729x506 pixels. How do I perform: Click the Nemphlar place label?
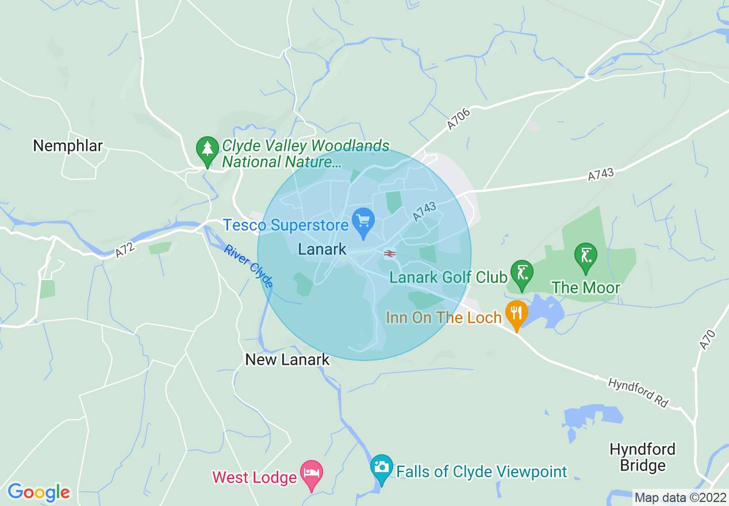pos(68,146)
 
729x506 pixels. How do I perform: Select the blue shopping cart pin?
pos(363,222)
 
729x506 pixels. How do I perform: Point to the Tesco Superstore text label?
pos(286,225)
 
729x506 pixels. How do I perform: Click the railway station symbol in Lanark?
pos(390,253)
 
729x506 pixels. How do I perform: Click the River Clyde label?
pos(248,266)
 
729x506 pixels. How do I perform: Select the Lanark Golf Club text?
pos(448,278)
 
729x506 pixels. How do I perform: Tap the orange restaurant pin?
pos(516,314)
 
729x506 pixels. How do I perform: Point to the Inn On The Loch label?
pos(444,318)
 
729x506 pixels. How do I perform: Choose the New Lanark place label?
pos(287,360)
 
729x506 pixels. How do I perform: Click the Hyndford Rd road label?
pos(638,393)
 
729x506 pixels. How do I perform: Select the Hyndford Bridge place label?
pos(642,457)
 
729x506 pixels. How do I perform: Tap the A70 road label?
pos(707,339)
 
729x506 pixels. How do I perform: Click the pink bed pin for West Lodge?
pos(311,474)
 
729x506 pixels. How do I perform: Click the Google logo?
pos(39,492)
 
